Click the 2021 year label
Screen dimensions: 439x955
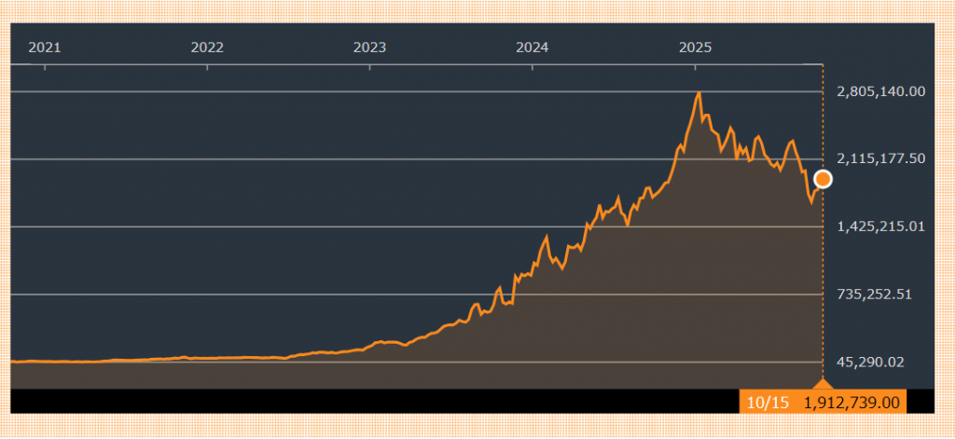(x=44, y=47)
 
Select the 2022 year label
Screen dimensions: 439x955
(x=207, y=47)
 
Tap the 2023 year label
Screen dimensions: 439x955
(x=369, y=47)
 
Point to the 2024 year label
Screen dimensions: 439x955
(x=532, y=47)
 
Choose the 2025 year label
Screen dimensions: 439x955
(x=695, y=47)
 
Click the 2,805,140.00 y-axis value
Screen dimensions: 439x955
(x=880, y=91)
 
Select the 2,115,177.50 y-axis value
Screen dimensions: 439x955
(x=880, y=158)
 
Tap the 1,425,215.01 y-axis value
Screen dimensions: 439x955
(x=880, y=226)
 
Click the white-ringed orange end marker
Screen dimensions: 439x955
(x=823, y=179)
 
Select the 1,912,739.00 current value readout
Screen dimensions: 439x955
(x=851, y=402)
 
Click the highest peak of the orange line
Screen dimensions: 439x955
(x=699, y=93)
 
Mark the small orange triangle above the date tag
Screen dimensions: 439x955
(x=822, y=383)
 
